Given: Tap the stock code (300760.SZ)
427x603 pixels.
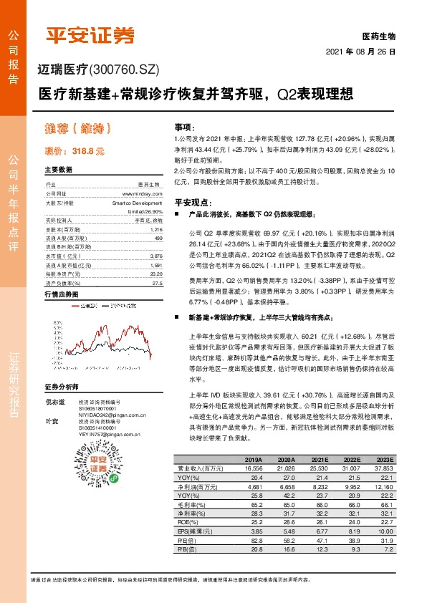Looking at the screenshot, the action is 128,69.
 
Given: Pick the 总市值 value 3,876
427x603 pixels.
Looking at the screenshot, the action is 157,255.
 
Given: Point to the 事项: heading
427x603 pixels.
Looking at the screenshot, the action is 185,126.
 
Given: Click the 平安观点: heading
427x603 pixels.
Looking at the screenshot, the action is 190,202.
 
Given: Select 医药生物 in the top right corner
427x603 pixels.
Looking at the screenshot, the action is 379,35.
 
